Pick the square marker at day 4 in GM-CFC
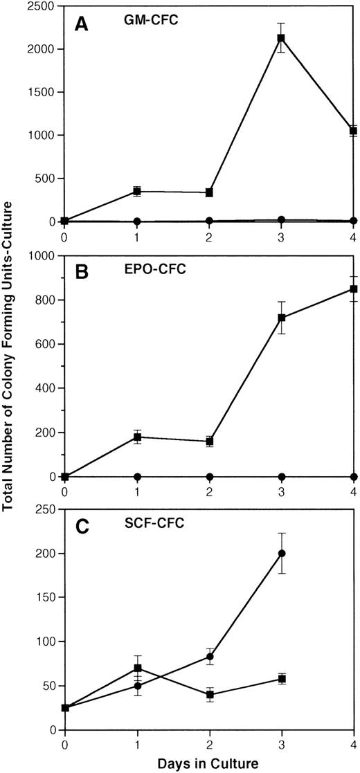point(353,131)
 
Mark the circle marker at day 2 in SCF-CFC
point(209,657)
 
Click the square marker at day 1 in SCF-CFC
point(137,669)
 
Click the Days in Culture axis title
point(208,763)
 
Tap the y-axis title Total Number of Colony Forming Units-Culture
point(10,367)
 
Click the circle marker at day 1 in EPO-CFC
point(137,477)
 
